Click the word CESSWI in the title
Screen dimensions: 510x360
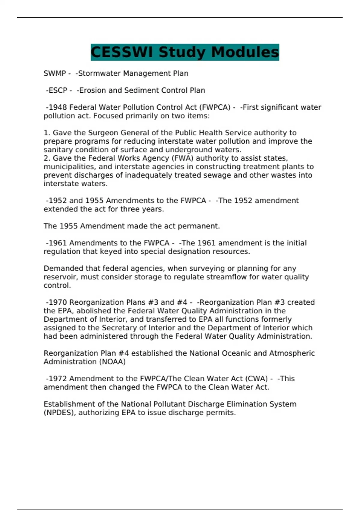point(123,52)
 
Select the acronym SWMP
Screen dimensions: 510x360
point(55,73)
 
